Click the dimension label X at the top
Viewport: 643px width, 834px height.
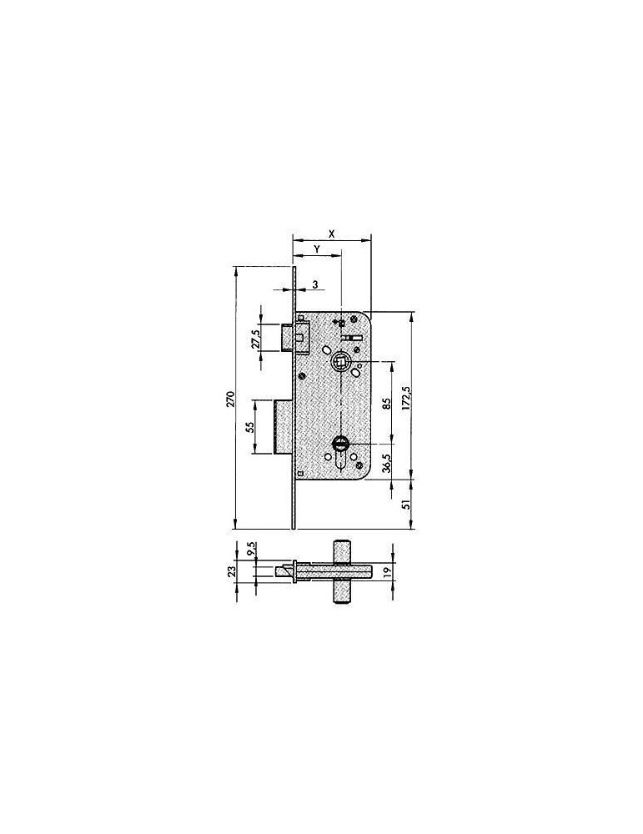click(x=331, y=234)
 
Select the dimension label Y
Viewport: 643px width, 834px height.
click(x=316, y=249)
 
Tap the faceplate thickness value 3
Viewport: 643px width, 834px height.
click(x=315, y=285)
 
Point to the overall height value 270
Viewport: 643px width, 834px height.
click(x=230, y=399)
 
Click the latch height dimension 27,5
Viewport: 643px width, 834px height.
click(x=255, y=339)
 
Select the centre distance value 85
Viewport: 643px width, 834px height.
click(x=387, y=404)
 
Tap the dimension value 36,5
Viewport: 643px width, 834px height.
click(x=387, y=463)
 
